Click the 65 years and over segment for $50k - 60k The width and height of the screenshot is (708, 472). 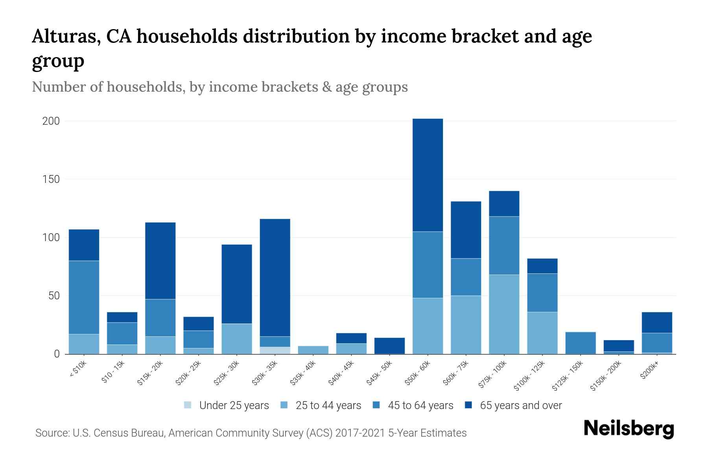428,175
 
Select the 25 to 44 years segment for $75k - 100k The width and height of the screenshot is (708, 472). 504,314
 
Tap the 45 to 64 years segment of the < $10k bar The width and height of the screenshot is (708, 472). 84,297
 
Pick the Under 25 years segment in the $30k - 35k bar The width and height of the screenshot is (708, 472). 275,350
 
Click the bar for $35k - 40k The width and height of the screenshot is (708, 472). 313,350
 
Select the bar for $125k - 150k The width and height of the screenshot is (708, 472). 580,343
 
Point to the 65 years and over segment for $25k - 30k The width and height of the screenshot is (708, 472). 237,284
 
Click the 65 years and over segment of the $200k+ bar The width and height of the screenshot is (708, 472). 656,323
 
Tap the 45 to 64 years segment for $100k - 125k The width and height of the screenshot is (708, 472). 542,293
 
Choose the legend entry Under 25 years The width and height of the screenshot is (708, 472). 234,406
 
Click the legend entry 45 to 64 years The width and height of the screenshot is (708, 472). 420,406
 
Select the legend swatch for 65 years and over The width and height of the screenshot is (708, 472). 468,405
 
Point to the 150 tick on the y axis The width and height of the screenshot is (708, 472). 51,179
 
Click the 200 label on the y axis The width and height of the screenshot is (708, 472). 51,121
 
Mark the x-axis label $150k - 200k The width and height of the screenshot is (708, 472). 606,376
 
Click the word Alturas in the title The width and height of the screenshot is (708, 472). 63,37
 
